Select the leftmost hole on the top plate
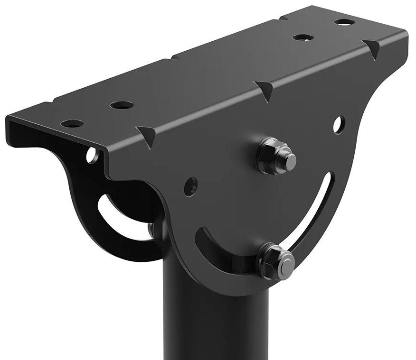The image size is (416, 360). click(x=72, y=123)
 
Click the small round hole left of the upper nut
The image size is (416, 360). click(x=190, y=186)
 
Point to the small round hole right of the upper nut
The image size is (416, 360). click(x=339, y=124)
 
